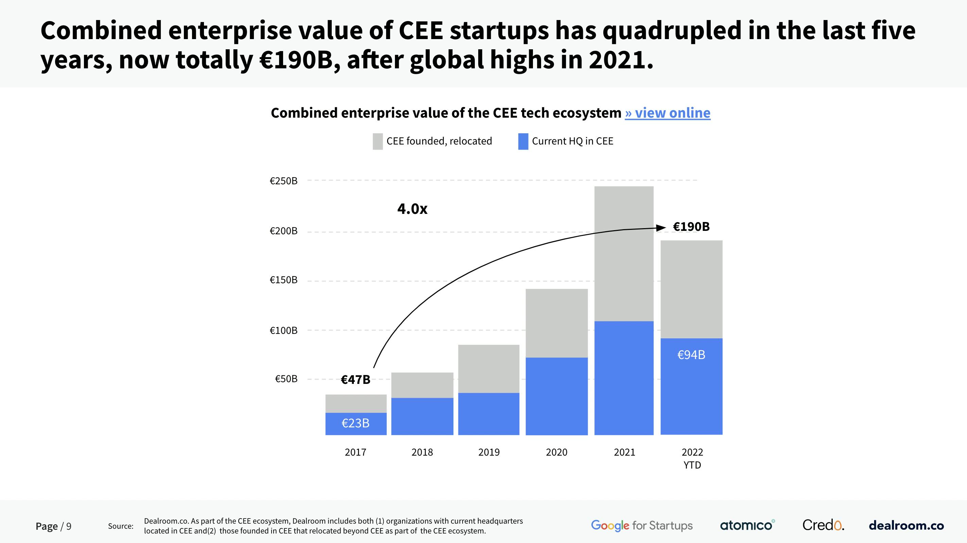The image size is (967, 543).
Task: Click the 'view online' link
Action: click(x=668, y=113)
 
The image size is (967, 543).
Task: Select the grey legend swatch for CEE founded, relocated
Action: click(x=378, y=141)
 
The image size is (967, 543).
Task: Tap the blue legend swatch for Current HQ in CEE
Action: click(x=523, y=141)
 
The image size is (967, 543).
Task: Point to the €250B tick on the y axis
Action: click(x=283, y=181)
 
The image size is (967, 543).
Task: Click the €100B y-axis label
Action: click(x=283, y=330)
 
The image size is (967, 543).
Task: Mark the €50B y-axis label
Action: click(x=286, y=379)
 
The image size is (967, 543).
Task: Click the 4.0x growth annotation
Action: click(x=412, y=209)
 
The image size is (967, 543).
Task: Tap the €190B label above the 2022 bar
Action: click(x=691, y=227)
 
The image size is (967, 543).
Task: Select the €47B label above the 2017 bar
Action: click(x=355, y=380)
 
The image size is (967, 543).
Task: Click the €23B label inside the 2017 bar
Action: click(x=356, y=423)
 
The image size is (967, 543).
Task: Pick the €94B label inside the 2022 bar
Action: click(x=691, y=355)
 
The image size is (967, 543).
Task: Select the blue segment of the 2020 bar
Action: click(x=556, y=396)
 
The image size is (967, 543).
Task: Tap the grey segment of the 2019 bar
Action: click(x=489, y=369)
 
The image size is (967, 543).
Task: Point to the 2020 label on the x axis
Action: click(x=556, y=452)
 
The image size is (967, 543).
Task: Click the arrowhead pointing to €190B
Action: click(x=661, y=227)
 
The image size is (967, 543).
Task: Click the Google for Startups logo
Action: click(x=641, y=525)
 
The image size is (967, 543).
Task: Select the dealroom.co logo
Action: click(x=906, y=525)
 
